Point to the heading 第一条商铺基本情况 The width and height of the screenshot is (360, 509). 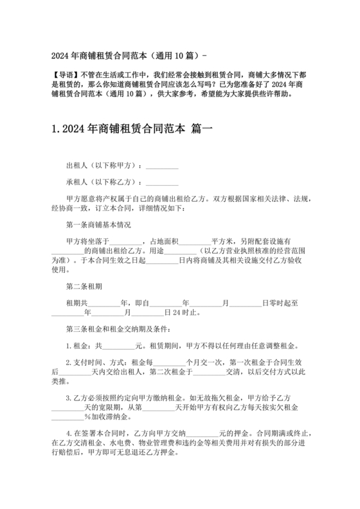[98, 225]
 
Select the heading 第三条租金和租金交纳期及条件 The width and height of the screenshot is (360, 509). [118, 330]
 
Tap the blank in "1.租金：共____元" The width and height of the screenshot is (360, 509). [115, 346]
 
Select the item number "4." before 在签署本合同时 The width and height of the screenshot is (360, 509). [69, 434]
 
